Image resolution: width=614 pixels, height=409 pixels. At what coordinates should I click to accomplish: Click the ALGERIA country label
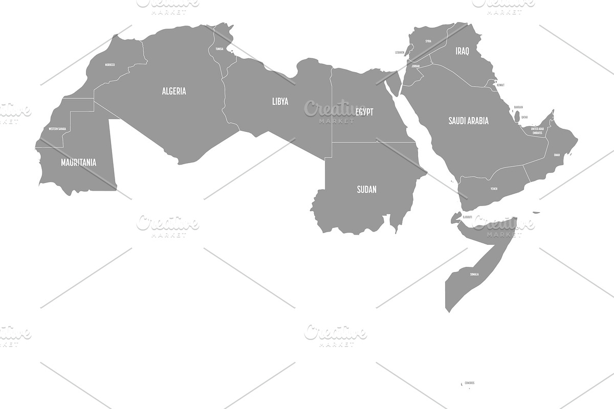(x=174, y=92)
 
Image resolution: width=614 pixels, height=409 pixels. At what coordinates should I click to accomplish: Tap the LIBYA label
(x=280, y=101)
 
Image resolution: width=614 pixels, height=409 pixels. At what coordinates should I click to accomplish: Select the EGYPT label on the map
(x=364, y=112)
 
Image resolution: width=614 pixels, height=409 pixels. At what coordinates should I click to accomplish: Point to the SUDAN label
(x=366, y=190)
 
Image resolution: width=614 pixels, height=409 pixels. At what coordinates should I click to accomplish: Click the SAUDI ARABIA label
(x=468, y=121)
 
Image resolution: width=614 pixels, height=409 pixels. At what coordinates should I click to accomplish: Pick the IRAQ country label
(x=462, y=51)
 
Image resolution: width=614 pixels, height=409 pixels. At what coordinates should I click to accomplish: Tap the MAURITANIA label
(x=78, y=163)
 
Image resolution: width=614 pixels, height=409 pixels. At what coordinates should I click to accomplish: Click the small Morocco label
(x=109, y=65)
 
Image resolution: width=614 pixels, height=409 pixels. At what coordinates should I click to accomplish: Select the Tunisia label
(x=220, y=49)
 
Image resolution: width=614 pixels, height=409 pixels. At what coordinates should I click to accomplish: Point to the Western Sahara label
(x=57, y=129)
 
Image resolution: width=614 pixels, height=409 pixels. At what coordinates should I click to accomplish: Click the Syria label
(x=428, y=41)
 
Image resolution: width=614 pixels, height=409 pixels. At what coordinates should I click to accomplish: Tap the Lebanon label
(x=400, y=52)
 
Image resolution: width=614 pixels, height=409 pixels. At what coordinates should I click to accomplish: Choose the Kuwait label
(x=500, y=85)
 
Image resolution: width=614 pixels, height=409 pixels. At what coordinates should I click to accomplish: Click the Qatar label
(x=524, y=117)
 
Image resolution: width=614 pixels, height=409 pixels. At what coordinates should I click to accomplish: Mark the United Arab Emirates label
(x=537, y=131)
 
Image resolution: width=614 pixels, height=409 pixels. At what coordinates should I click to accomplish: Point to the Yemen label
(x=493, y=189)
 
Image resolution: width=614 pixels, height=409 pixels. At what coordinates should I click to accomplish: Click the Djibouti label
(x=467, y=217)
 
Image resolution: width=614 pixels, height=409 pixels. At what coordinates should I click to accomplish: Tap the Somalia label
(x=474, y=275)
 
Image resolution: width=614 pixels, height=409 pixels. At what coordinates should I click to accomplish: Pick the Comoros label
(x=469, y=383)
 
